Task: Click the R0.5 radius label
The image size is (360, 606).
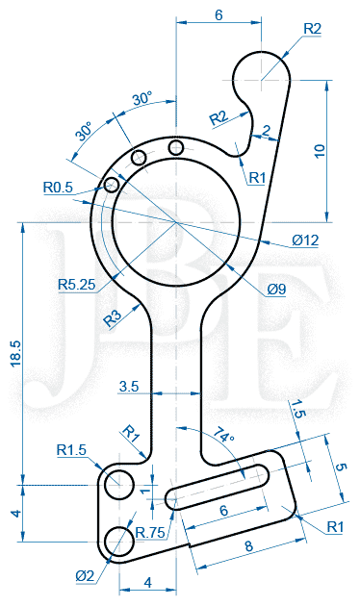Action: coord(58,188)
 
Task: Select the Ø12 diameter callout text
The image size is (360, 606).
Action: coord(305,240)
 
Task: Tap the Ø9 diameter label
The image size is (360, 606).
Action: coord(276,290)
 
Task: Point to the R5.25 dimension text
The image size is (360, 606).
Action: coord(77,285)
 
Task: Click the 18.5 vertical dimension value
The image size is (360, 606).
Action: coord(17,354)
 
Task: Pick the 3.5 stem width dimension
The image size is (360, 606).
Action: coord(129,386)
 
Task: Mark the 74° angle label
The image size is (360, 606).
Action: coord(224,434)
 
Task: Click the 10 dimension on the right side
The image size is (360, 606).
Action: coord(320,150)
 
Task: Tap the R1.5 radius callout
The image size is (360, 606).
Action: coord(71,450)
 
